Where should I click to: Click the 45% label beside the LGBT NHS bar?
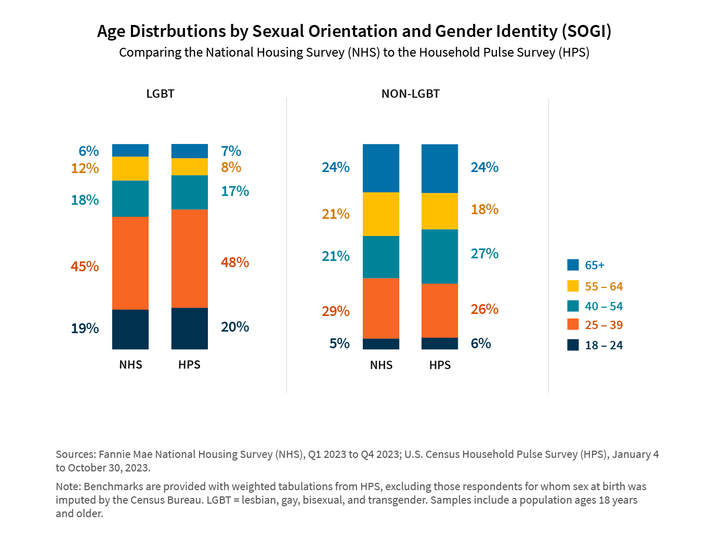[85, 267]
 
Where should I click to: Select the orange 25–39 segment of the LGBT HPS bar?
[190, 258]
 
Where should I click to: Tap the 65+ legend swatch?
[573, 265]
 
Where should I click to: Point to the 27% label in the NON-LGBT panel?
[484, 254]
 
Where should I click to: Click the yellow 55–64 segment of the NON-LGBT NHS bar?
[381, 214]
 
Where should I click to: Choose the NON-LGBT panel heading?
[411, 94]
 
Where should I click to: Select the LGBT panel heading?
[160, 94]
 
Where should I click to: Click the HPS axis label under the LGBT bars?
[189, 365]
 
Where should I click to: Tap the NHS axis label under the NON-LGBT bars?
[381, 365]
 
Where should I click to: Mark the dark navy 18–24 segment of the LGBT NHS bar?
[130, 329]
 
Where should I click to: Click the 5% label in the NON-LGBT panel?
[339, 344]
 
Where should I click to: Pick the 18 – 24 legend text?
[603, 346]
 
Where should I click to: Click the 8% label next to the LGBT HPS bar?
[231, 167]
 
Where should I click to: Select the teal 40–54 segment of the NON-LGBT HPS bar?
[440, 256]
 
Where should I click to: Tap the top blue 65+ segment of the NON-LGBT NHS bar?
[381, 168]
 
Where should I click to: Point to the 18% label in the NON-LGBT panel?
[484, 209]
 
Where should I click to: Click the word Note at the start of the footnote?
[68, 487]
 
